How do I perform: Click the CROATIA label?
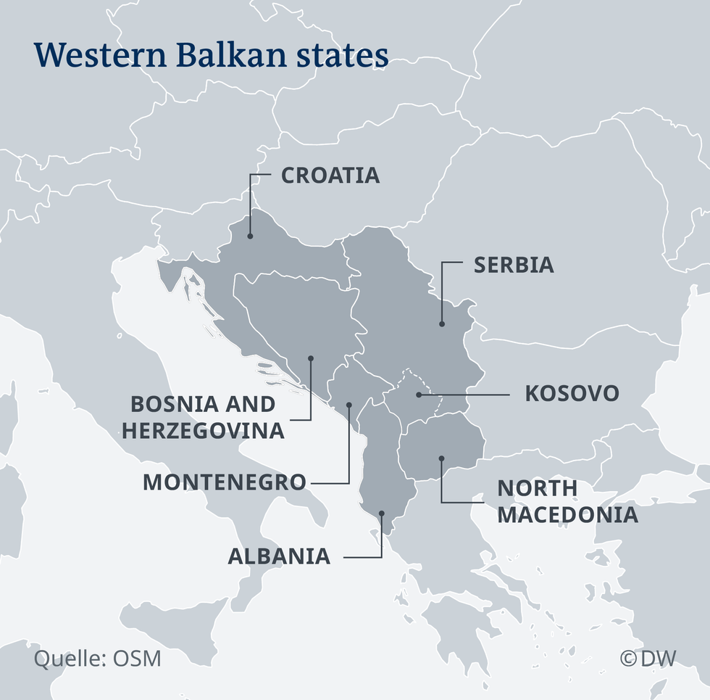tap(330, 176)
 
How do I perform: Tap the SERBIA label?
tap(514, 265)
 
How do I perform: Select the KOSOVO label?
tap(572, 394)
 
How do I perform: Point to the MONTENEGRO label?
tap(225, 482)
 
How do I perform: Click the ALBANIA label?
tap(280, 556)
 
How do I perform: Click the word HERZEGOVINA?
tap(203, 430)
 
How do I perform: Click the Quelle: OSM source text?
tap(98, 659)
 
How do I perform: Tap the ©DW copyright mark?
tap(648, 658)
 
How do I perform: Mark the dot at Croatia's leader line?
tap(250, 236)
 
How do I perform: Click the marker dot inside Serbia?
tap(441, 324)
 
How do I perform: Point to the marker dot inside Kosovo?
tap(419, 395)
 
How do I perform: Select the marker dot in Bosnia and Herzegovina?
tap(310, 358)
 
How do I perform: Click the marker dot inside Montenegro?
tap(348, 405)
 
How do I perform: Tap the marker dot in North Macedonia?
tap(441, 458)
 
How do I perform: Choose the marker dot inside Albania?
tap(381, 514)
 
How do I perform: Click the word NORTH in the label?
tap(537, 488)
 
